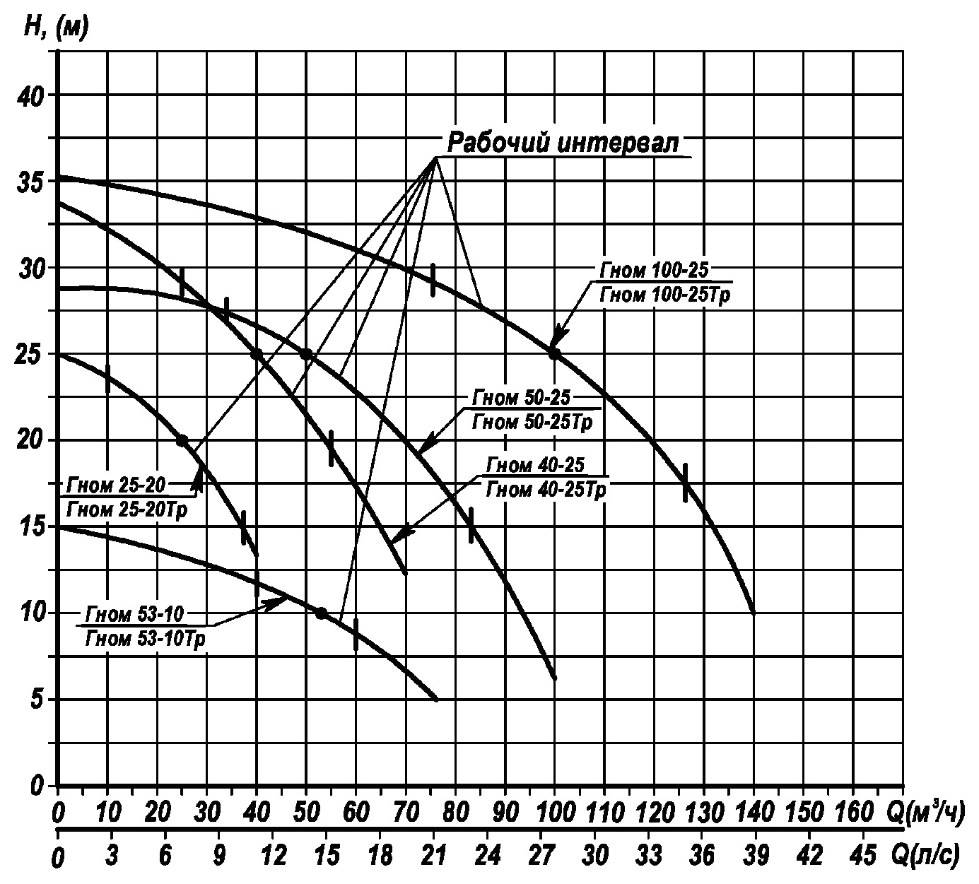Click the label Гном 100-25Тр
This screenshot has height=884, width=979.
[664, 294]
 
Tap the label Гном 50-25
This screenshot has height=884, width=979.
[521, 398]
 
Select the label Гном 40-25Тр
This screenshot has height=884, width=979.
[546, 489]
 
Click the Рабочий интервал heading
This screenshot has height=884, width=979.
[563, 143]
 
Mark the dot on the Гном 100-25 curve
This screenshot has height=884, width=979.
[554, 353]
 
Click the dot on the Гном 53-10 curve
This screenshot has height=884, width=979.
[321, 613]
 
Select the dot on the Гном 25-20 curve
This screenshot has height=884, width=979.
[182, 440]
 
